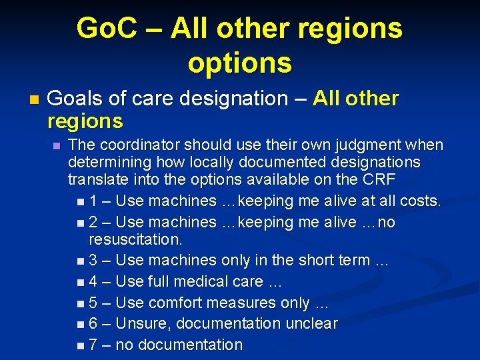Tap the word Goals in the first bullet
click(75, 99)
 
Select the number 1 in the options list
click(93, 201)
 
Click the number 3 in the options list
click(94, 260)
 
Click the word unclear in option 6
click(311, 324)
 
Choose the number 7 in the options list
click(94, 345)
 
